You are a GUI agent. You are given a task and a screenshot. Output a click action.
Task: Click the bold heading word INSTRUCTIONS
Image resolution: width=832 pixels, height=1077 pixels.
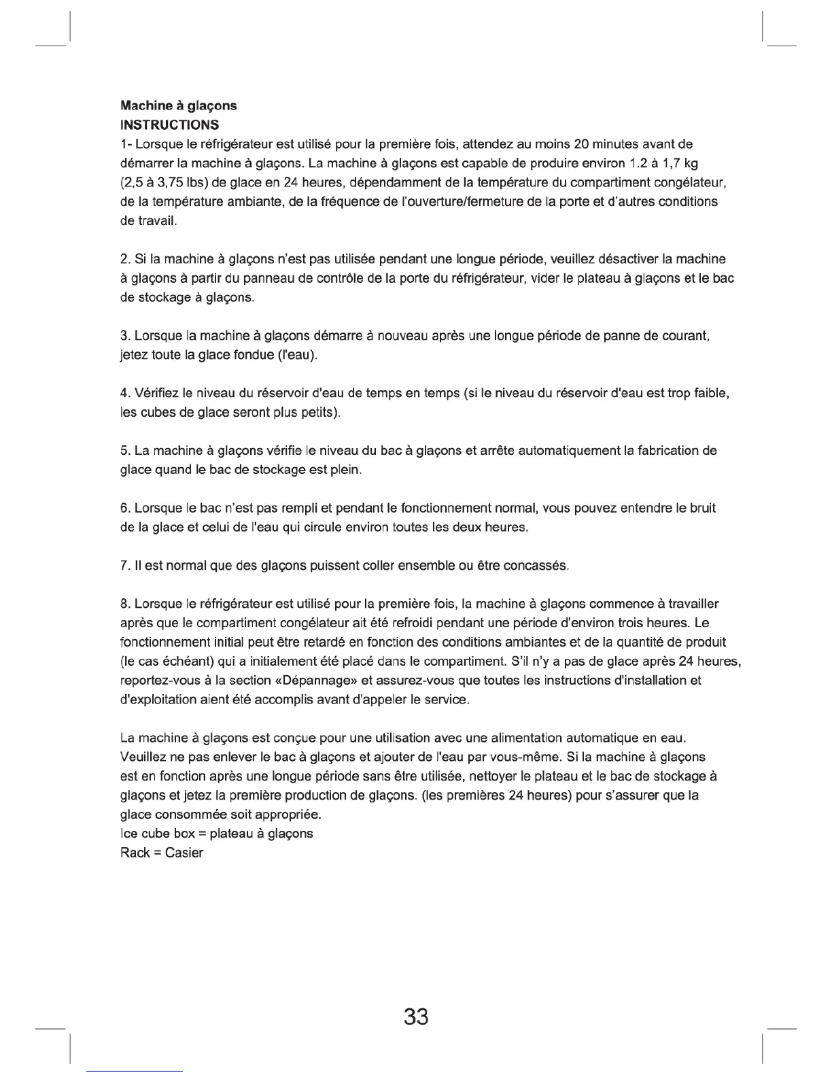point(169,125)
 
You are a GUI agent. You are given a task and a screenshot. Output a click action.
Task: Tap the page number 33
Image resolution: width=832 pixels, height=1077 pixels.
point(416,1017)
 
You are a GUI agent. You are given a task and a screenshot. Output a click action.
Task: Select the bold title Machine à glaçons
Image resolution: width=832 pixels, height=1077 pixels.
point(178,106)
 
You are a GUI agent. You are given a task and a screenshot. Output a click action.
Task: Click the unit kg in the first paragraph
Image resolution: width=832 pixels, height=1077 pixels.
point(691,163)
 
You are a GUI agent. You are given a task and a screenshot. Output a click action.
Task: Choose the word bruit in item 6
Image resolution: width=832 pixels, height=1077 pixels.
point(701,508)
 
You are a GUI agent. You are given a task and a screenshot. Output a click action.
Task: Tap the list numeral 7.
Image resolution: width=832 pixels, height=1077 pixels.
point(123,566)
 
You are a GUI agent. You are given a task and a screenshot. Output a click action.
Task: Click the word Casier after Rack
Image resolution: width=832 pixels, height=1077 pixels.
point(184,853)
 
